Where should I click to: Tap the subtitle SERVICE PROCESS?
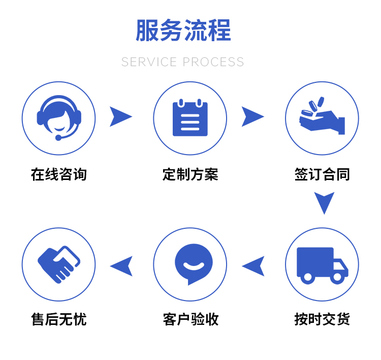point(183,62)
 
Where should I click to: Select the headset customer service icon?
point(59,118)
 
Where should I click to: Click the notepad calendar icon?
point(190,118)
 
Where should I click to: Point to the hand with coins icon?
point(322,118)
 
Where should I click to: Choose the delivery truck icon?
point(322,264)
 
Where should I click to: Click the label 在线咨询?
point(59,174)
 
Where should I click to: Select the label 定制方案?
point(190,174)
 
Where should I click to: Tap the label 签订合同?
point(322,174)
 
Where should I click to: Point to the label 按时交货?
point(322,319)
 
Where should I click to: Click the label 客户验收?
point(190,319)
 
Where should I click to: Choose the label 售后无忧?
point(59,319)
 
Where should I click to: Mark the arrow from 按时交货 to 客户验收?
point(254,266)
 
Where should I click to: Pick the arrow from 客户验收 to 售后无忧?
point(122,266)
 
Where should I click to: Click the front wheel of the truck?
point(337,278)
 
